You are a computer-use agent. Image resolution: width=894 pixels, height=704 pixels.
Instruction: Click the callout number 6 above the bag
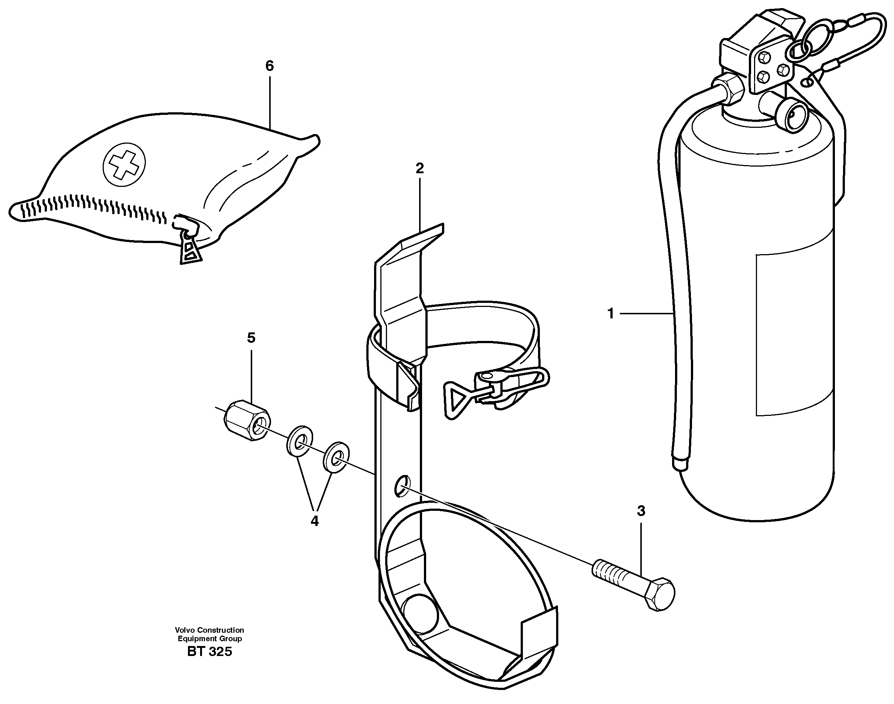tap(270, 66)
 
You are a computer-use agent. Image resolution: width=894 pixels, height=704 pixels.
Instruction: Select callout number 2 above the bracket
tap(419, 168)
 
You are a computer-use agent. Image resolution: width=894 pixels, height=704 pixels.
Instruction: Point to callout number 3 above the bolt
tap(641, 511)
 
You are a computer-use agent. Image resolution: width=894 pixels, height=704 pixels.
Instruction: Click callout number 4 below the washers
tap(314, 522)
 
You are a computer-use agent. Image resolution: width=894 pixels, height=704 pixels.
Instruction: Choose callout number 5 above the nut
tap(251, 338)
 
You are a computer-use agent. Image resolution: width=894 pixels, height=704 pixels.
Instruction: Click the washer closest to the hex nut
tap(299, 441)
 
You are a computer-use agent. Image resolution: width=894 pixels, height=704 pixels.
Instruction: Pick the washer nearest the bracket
tap(336, 457)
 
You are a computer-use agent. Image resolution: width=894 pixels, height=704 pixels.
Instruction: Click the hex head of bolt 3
tap(659, 594)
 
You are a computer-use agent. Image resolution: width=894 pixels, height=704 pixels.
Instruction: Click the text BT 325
tap(209, 652)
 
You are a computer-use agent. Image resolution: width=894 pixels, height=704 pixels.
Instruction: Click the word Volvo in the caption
tap(185, 630)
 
